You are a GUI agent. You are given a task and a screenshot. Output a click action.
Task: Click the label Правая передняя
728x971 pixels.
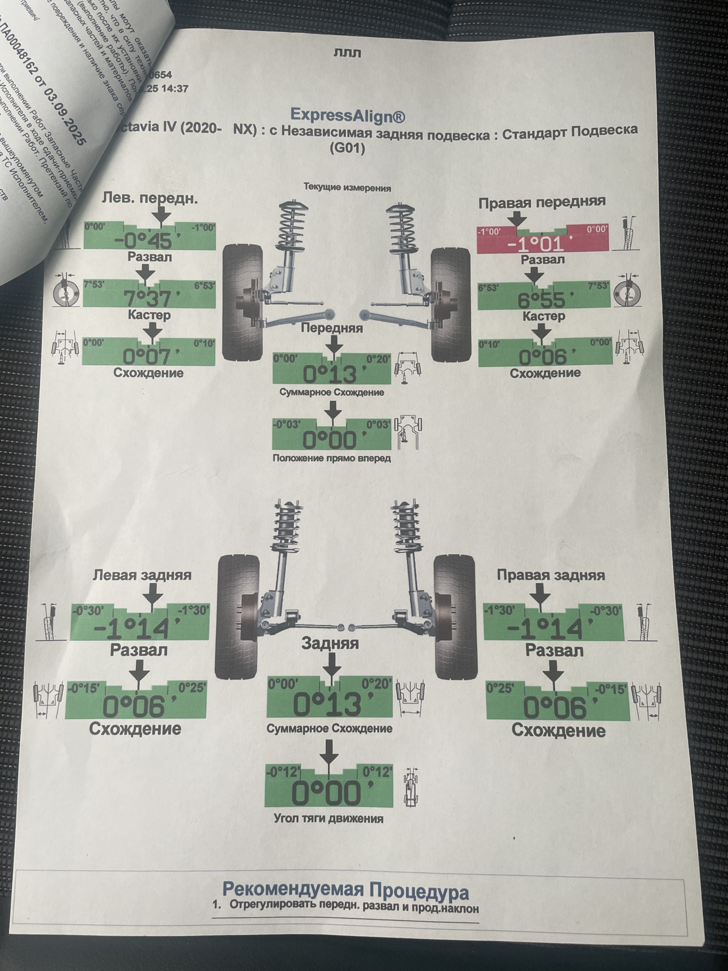[x=541, y=202]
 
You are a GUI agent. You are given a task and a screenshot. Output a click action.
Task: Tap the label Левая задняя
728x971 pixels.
[x=142, y=575]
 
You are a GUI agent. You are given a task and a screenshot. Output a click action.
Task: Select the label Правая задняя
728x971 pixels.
[x=551, y=576]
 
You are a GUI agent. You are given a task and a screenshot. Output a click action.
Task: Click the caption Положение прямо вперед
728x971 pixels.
[x=332, y=458]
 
